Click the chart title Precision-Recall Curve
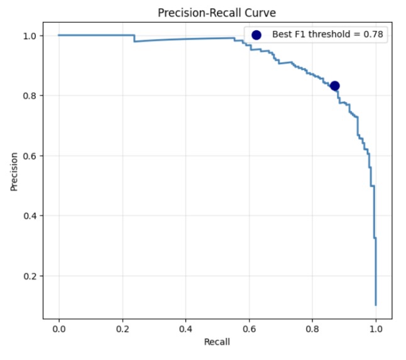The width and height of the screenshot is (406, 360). tap(217, 13)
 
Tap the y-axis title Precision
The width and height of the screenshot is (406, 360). tap(14, 172)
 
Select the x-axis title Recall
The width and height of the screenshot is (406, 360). tap(217, 342)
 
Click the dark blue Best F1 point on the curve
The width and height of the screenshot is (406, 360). tap(335, 85)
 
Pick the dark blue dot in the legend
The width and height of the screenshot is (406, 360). tap(256, 35)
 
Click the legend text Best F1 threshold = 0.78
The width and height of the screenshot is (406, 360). tap(327, 34)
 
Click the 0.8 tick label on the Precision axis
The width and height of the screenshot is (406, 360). tap(30, 95)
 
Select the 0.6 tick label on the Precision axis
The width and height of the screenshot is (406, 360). tap(30, 156)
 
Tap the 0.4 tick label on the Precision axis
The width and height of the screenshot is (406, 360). tap(30, 215)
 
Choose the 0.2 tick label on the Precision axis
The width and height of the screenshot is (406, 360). tap(30, 276)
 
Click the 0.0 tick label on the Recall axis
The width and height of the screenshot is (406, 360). tap(59, 329)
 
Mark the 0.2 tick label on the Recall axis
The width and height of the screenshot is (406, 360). tap(123, 329)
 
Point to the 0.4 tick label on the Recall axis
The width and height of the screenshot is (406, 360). tap(185, 329)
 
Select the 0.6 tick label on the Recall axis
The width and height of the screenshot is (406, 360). tap(249, 329)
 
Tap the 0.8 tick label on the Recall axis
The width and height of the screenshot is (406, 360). tap(312, 329)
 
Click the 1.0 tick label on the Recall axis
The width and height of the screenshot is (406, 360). tap(376, 329)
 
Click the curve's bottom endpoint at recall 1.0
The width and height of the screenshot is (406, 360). tap(376, 305)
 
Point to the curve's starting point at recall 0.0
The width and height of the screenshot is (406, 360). tap(59, 35)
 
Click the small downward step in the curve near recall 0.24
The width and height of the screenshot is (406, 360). tap(134, 38)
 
